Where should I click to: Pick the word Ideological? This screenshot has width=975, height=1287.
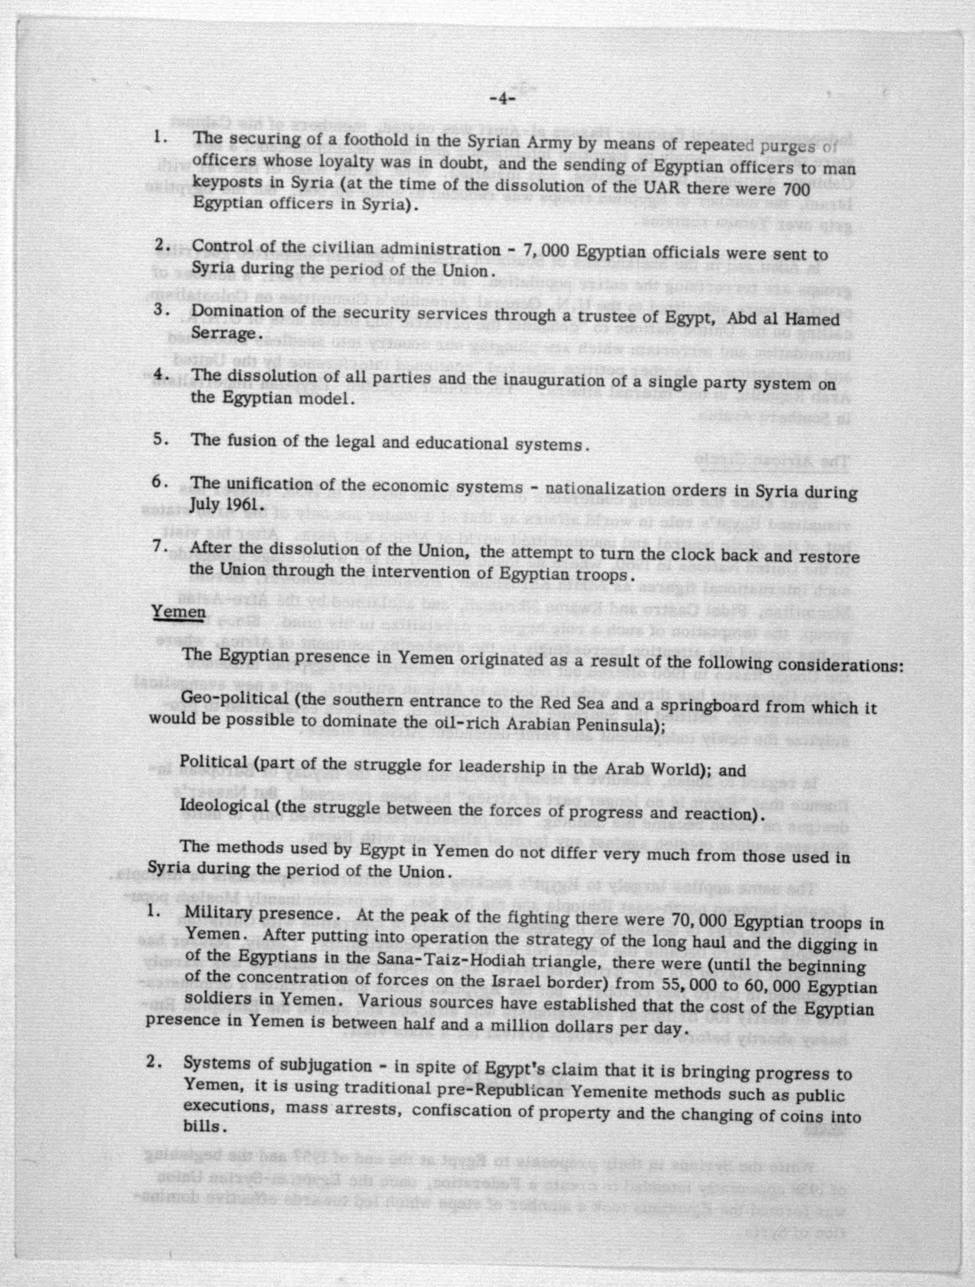[224, 806]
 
